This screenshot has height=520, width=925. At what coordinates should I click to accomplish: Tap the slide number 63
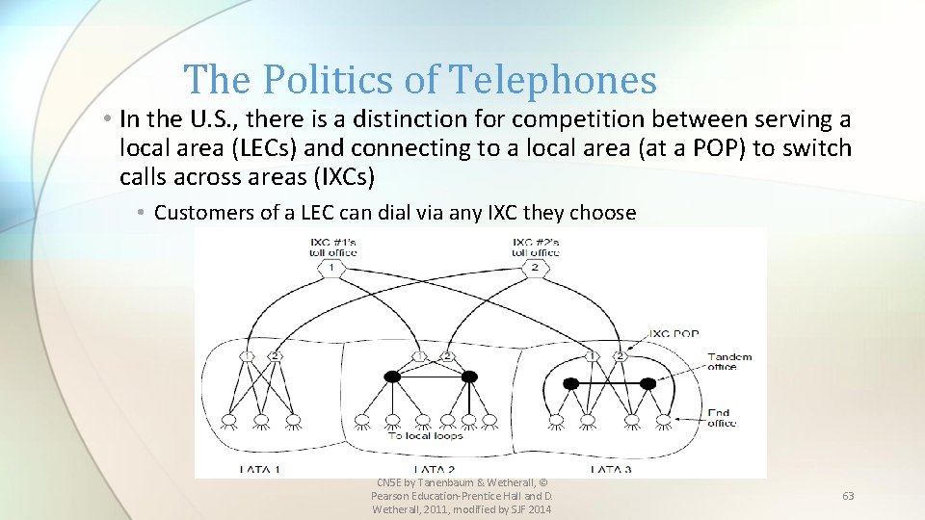coord(848,495)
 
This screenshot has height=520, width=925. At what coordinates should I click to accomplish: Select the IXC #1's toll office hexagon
coord(332,268)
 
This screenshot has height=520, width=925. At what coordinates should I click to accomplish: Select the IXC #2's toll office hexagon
coord(535,268)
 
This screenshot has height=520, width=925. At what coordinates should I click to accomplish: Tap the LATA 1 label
coord(259,469)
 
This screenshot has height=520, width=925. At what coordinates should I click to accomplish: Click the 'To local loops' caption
coord(425,435)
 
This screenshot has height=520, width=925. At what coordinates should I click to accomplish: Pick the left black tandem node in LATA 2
coord(392,376)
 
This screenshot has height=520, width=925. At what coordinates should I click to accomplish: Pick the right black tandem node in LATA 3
coord(647,383)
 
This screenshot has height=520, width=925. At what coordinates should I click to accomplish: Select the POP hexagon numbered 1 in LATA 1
coord(248,356)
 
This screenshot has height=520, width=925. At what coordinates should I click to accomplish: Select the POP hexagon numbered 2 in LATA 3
coord(620,356)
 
